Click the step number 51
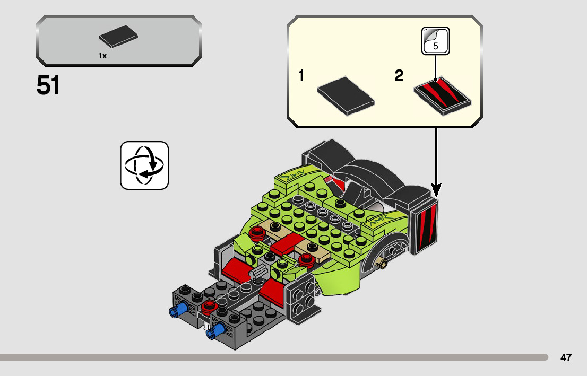[x=48, y=86]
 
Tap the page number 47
[x=566, y=357]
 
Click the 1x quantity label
[x=102, y=56]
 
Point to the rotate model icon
[x=144, y=165]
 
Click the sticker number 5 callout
[x=436, y=41]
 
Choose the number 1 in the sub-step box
[x=301, y=76]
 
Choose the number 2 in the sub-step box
[x=399, y=76]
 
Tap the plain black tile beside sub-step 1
[x=346, y=95]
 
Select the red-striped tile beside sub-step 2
[x=442, y=95]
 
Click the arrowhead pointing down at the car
[x=436, y=189]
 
